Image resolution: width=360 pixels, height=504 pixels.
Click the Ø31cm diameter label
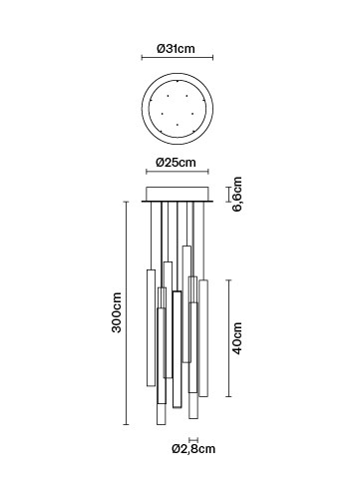point(176,49)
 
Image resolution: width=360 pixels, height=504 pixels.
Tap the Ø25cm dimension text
point(176,163)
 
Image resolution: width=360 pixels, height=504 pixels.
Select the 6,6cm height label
point(237,195)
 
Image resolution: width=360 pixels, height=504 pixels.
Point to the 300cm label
point(117,312)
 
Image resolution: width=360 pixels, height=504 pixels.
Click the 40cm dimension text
point(237,338)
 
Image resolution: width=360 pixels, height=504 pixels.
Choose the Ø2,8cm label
point(193,449)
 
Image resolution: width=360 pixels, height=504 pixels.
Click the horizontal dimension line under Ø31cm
point(178,58)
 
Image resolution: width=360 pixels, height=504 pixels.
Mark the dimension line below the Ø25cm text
point(178,172)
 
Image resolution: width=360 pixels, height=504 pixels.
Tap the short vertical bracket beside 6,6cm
point(228,195)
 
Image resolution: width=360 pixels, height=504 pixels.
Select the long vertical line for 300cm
point(126,313)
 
